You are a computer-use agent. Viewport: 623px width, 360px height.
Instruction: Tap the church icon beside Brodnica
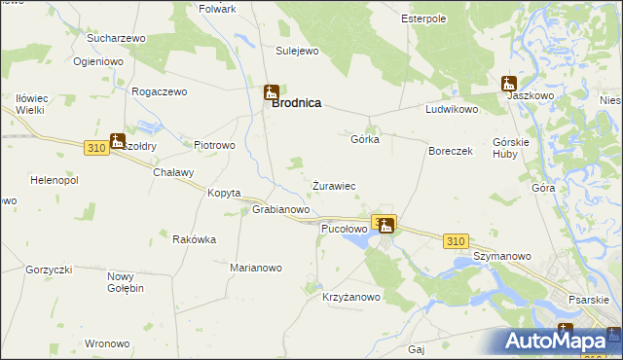click(x=272, y=93)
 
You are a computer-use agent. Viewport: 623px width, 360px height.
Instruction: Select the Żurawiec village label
click(x=333, y=185)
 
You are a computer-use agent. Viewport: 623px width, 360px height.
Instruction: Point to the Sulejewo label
click(x=297, y=50)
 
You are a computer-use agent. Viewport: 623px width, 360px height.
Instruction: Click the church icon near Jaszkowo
click(x=508, y=85)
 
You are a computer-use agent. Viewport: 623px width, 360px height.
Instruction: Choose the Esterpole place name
click(x=423, y=18)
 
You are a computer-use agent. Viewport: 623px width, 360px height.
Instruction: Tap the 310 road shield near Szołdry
click(x=95, y=147)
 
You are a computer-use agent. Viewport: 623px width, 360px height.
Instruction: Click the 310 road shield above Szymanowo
click(x=456, y=240)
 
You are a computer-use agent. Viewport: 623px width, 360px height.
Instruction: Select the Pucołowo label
click(x=344, y=229)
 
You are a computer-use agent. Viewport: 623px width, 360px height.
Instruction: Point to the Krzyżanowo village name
click(x=352, y=298)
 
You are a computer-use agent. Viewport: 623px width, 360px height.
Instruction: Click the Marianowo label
click(x=256, y=268)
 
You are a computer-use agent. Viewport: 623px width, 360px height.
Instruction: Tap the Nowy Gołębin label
click(x=126, y=282)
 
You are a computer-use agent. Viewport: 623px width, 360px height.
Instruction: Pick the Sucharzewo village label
click(x=116, y=38)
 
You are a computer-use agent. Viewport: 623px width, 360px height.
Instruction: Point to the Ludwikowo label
click(x=452, y=109)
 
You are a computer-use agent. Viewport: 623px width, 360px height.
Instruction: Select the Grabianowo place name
click(x=280, y=209)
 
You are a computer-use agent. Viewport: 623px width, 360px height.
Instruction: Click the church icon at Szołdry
click(x=117, y=141)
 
